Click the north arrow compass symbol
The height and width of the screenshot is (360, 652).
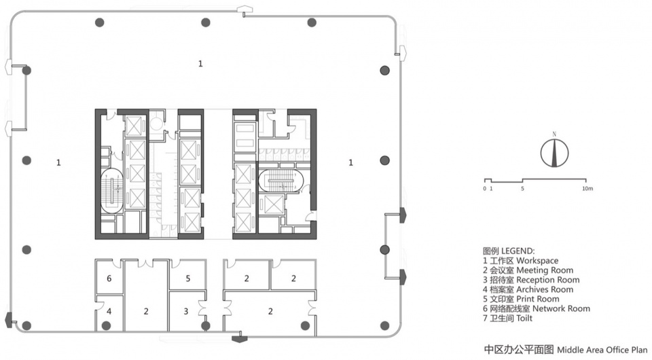(554, 153)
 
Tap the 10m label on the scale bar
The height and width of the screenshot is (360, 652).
(587, 189)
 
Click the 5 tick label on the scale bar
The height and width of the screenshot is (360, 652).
(523, 189)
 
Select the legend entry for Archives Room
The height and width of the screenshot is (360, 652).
(528, 289)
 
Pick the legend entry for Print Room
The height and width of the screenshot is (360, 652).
(521, 299)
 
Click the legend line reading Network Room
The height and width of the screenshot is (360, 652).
(537, 308)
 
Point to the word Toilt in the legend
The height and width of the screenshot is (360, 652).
(524, 318)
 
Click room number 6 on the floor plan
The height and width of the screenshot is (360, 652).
(109, 278)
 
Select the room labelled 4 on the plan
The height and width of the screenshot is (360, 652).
(109, 311)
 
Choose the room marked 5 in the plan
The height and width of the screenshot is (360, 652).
(188, 278)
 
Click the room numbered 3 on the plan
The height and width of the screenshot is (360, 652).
(186, 311)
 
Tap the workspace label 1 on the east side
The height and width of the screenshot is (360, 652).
(350, 162)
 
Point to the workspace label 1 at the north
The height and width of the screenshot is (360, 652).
(200, 64)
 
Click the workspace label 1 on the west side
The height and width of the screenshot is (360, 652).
(58, 162)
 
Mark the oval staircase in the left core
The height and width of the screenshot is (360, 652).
(112, 190)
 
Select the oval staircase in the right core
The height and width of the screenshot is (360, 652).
(281, 181)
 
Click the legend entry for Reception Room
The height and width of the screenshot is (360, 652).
(531, 280)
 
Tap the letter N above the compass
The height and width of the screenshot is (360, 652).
(554, 134)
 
